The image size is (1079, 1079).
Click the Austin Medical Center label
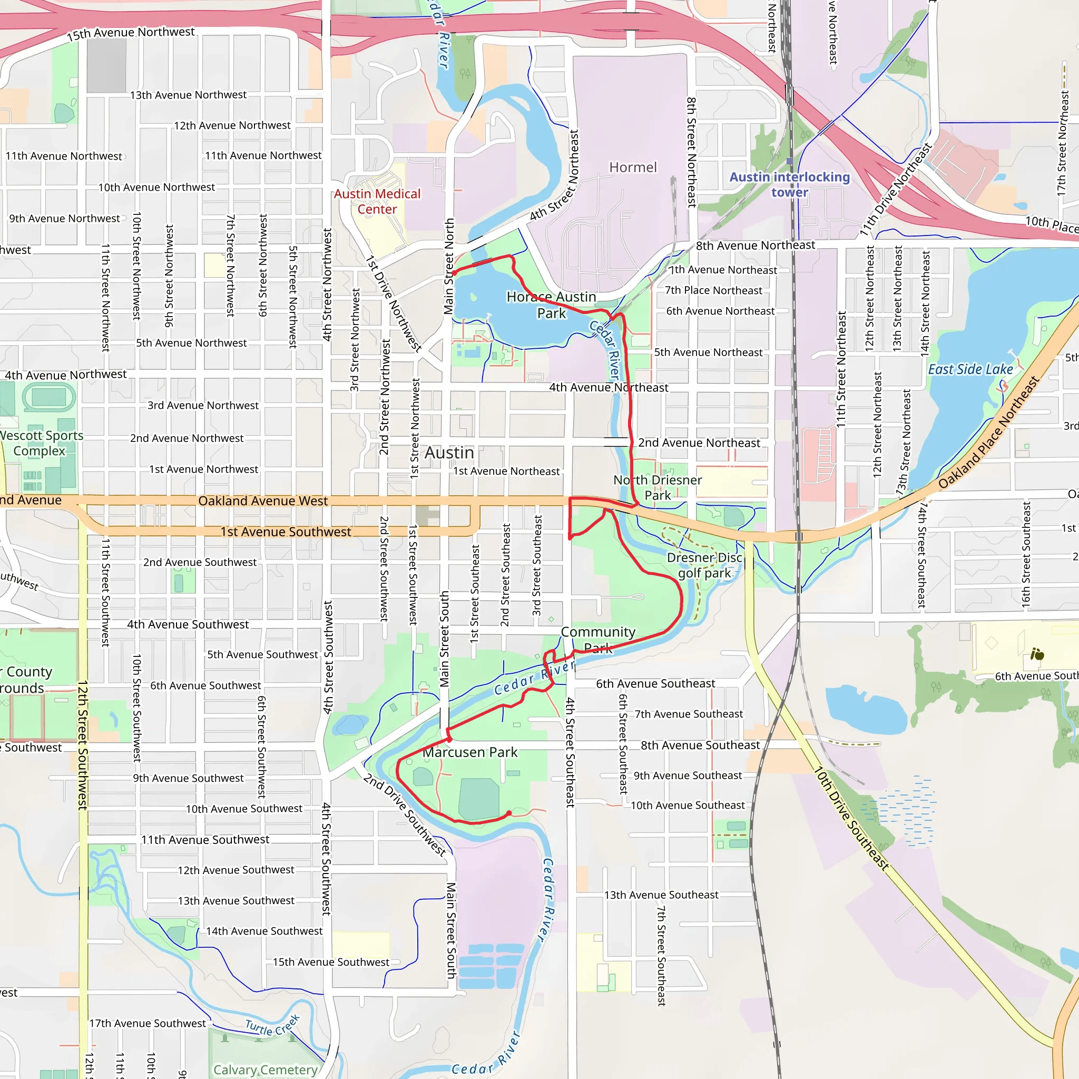[377, 202]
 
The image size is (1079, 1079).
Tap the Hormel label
[633, 168]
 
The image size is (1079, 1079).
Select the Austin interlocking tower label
[789, 185]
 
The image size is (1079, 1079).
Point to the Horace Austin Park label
[551, 305]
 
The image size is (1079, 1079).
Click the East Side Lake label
[970, 370]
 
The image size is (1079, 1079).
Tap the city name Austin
[449, 453]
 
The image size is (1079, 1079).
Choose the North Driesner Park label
[658, 487]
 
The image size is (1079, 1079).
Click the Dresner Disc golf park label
[704, 565]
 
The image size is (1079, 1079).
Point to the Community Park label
[598, 640]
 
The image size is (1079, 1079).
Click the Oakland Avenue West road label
[262, 501]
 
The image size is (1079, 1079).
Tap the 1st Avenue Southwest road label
[286, 532]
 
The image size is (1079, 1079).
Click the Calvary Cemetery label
[266, 1070]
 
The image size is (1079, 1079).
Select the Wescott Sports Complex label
[40, 443]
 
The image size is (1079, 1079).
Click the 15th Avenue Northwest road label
[131, 34]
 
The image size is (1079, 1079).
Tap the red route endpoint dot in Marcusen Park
[509, 813]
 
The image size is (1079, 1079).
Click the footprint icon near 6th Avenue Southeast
[1037, 653]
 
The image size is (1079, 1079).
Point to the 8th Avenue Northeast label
[755, 245]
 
